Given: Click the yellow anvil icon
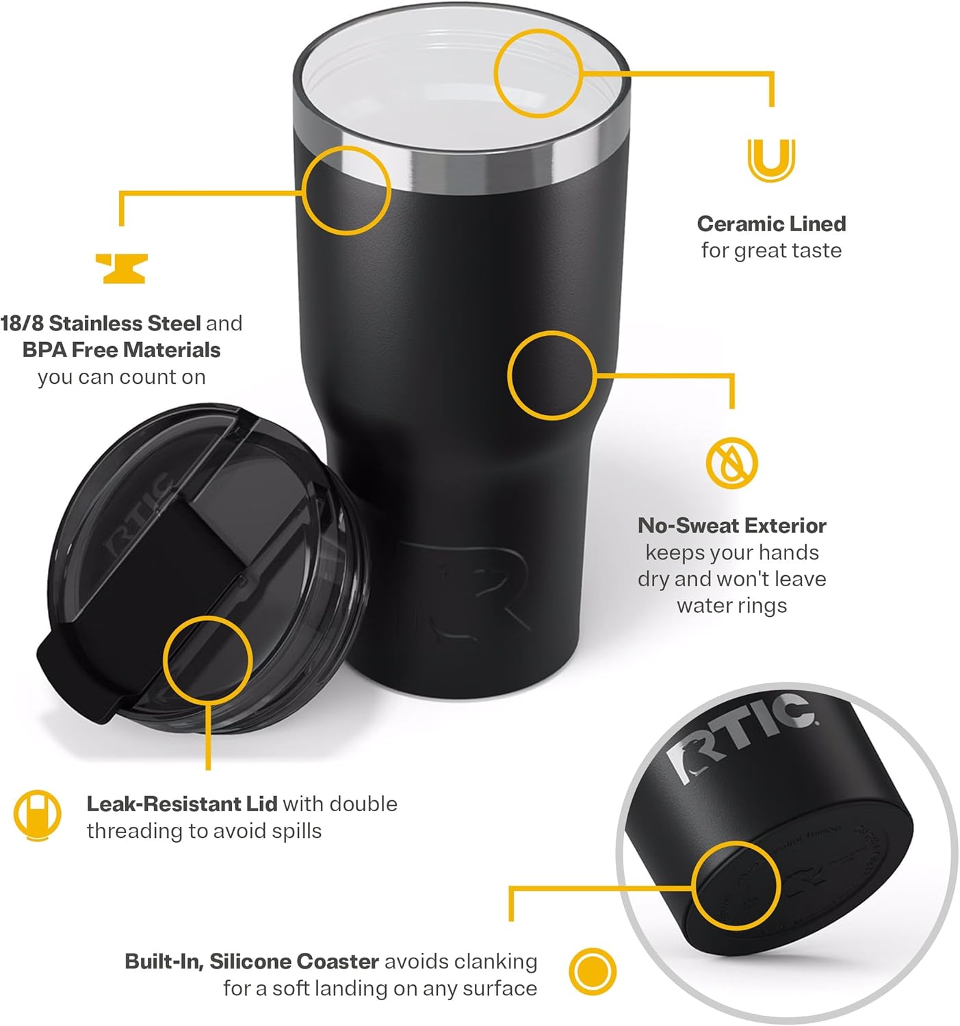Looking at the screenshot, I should coord(121,268).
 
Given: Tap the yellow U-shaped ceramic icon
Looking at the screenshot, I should coord(771,159).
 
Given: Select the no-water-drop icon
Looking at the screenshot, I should coord(731,462).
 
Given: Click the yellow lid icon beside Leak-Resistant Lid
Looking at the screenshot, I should coord(37,815).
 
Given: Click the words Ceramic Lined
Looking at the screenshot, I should coord(771,224).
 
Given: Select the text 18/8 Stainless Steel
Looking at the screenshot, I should coord(101,323).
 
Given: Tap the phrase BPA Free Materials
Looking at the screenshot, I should coord(121,350).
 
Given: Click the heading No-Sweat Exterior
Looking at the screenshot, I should coord(731,525).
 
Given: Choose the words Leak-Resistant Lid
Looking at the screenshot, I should coord(181,804).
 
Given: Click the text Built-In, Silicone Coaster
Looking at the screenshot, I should coord(252,961).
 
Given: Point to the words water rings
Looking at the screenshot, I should coord(731,605).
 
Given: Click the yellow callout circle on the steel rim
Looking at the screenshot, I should coord(346,189).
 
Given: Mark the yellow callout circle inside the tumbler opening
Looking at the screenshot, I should coord(538,73).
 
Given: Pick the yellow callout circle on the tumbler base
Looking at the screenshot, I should coord(736,886).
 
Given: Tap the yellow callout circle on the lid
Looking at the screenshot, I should coord(208,659).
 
